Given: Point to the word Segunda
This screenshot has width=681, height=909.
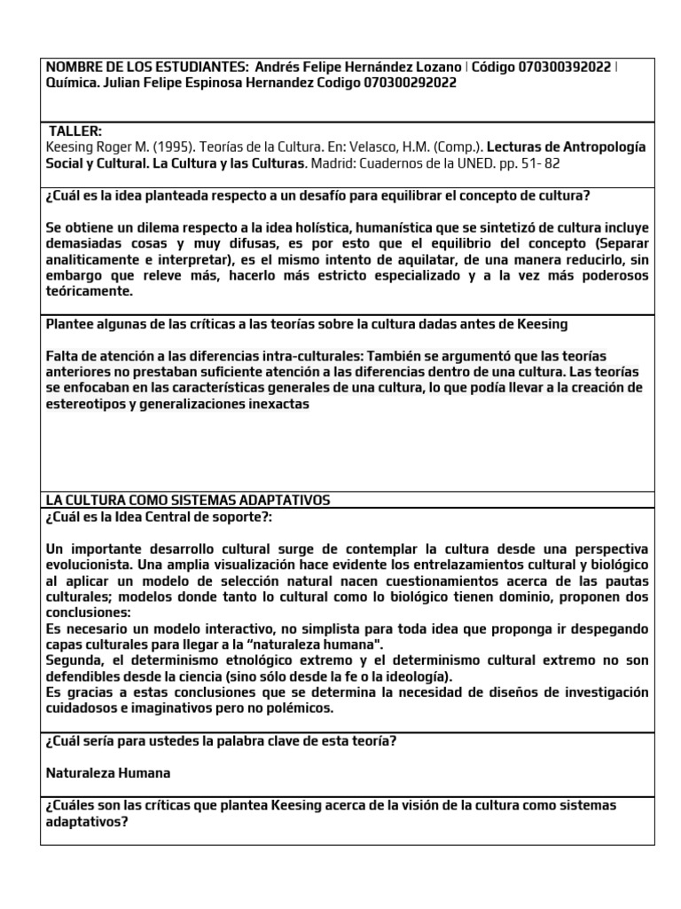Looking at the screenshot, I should click(x=74, y=660).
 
